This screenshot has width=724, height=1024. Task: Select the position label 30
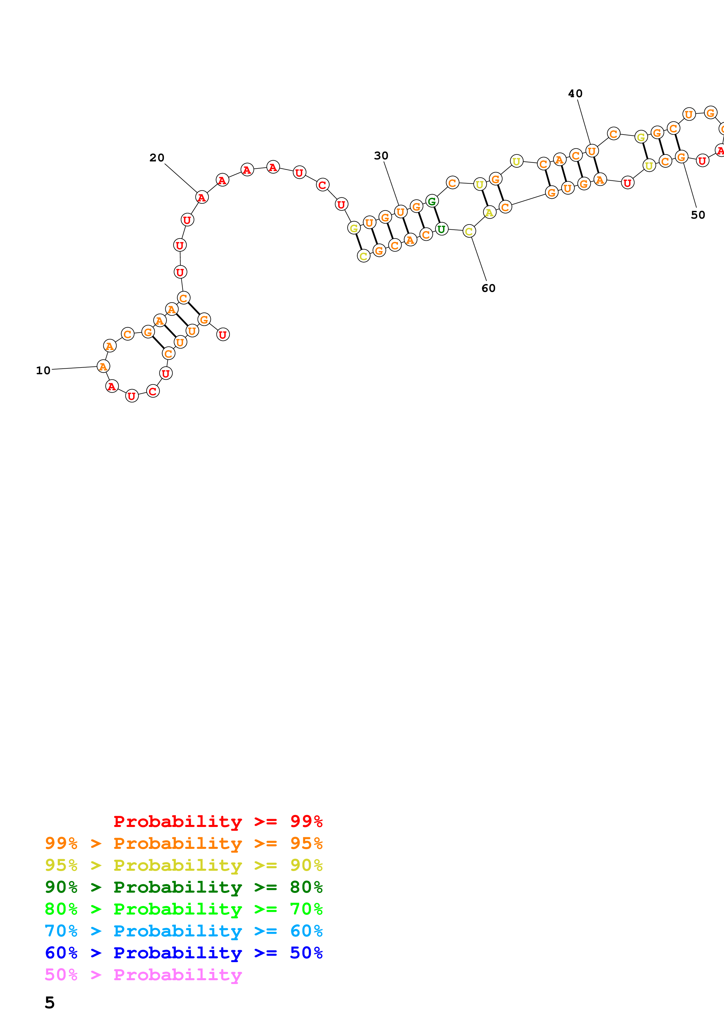381,156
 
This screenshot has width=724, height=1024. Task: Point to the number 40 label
575,94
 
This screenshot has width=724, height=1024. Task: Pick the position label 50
698,215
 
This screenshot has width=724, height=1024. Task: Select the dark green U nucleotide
441,229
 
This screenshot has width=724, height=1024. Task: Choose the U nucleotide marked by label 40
591,151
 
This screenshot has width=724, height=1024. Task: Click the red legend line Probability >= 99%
218,821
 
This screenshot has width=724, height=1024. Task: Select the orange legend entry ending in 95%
184,843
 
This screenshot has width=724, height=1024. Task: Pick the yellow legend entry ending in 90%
184,865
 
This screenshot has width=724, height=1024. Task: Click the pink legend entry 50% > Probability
143,974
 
